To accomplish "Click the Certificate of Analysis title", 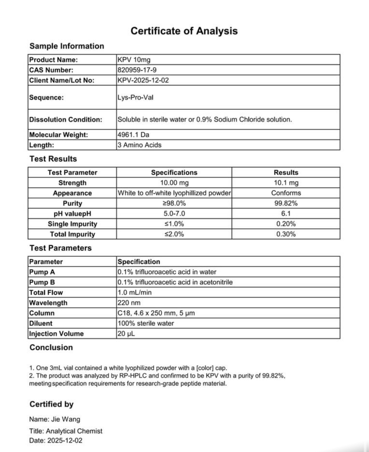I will (x=184, y=31).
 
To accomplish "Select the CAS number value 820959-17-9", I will (x=137, y=70).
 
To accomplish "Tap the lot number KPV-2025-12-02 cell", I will (x=143, y=80).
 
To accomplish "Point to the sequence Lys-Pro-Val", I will (x=135, y=97).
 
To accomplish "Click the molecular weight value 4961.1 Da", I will (x=133, y=135).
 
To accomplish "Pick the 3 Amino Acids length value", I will (x=139, y=145).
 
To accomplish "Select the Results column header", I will (x=286, y=172).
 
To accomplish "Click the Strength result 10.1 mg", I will (x=286, y=183).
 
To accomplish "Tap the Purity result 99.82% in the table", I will (x=286, y=203).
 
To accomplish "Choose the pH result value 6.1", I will (x=286, y=214).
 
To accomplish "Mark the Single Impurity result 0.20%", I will (x=286, y=224).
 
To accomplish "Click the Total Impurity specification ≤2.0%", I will (x=174, y=234).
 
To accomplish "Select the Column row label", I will (x=42, y=313).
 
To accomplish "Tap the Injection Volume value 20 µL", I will (x=126, y=334).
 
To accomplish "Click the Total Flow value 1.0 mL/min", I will (x=134, y=292).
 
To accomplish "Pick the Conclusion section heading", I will (x=51, y=347).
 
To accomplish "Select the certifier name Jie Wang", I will (x=66, y=419).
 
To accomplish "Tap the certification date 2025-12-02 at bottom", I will (x=65, y=441).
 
